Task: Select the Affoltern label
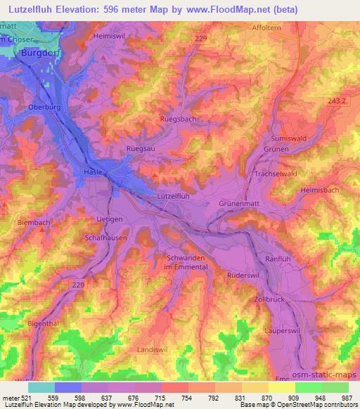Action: point(267,29)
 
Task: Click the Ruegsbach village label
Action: point(179,119)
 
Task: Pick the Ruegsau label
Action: point(140,148)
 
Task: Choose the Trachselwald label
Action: point(279,174)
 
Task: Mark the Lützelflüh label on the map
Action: point(173,196)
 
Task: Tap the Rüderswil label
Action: point(244,275)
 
